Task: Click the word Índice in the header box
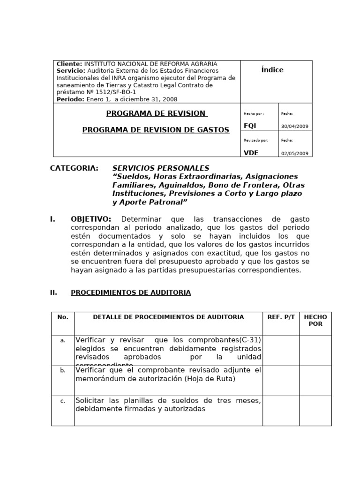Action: [272, 70]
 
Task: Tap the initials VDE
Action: [251, 152]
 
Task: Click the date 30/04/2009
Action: [295, 127]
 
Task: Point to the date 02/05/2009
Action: [295, 153]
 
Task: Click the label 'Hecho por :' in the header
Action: [254, 113]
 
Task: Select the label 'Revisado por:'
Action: [255, 140]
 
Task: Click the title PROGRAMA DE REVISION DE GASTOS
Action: [156, 130]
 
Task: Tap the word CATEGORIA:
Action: [74, 168]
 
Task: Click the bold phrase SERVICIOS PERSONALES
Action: [161, 168]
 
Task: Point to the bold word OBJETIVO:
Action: [91, 219]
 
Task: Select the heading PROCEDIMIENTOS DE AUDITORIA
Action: [131, 292]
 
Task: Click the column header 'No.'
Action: [63, 317]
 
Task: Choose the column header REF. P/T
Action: [281, 317]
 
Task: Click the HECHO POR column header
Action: [315, 321]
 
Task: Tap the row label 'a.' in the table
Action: [63, 340]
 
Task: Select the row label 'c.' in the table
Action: [63, 401]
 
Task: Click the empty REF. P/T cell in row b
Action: [281, 381]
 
